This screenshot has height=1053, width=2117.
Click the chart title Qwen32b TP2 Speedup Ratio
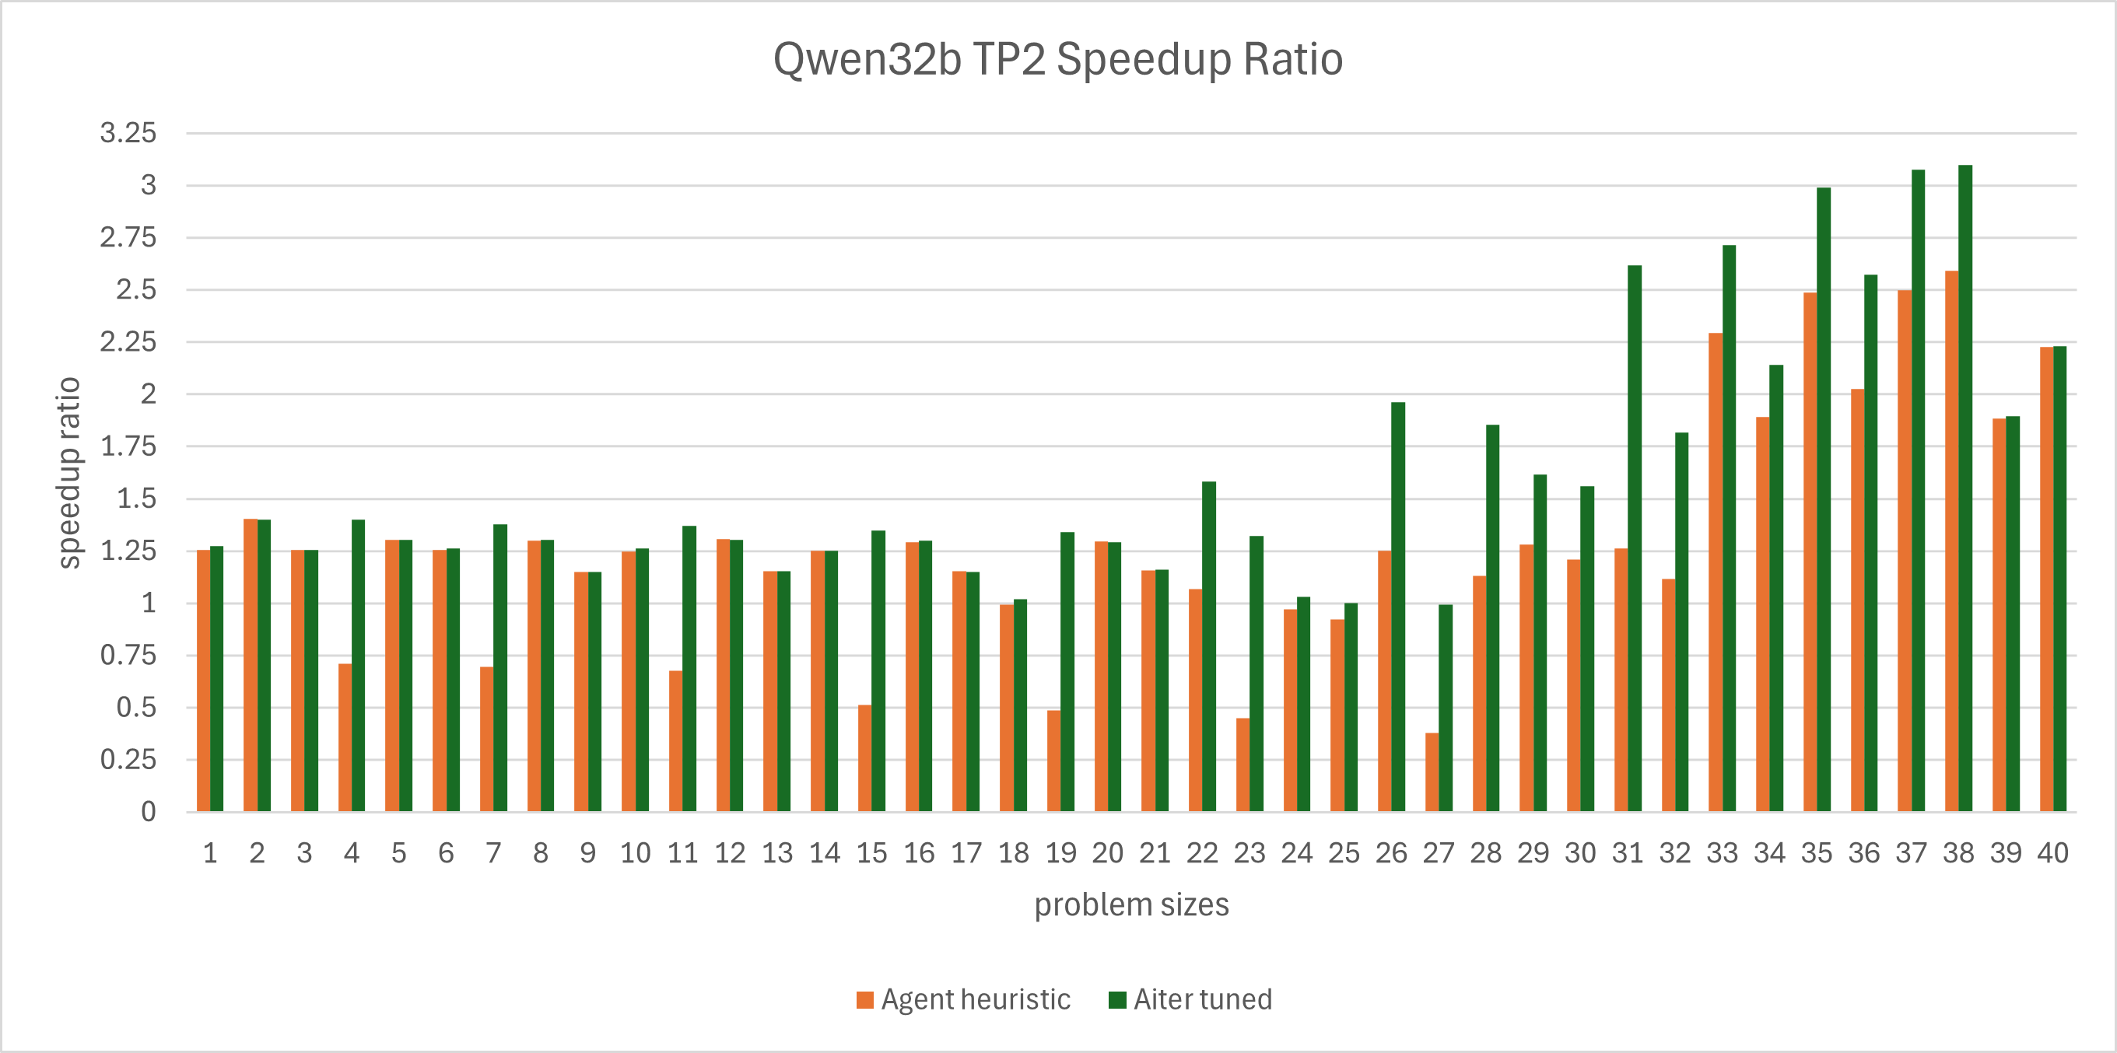pyautogui.click(x=1057, y=59)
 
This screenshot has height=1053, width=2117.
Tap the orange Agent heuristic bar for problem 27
pyautogui.click(x=1432, y=772)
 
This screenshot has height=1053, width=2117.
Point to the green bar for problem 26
pyautogui.click(x=1398, y=607)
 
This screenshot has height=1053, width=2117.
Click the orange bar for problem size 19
pyautogui.click(x=1053, y=761)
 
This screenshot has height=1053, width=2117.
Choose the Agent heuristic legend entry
pyautogui.click(x=963, y=999)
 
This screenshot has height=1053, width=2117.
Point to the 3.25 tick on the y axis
pyautogui.click(x=128, y=133)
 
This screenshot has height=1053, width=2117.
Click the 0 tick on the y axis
pyautogui.click(x=148, y=811)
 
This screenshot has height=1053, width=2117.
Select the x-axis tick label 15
pyautogui.click(x=872, y=853)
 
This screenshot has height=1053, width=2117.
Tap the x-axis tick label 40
pyautogui.click(x=2053, y=853)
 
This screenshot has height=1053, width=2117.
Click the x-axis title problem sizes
pyautogui.click(x=1130, y=904)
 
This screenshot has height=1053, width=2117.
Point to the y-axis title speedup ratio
pyautogui.click(x=69, y=472)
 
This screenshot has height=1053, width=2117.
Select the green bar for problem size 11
pyautogui.click(x=689, y=669)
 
